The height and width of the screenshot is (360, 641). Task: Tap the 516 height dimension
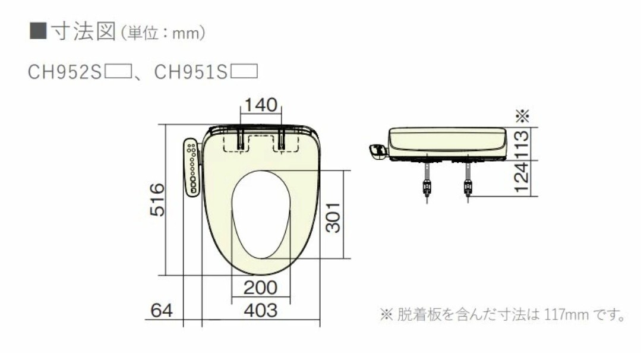[156, 200]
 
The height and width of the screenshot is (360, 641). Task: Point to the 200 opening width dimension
[261, 288]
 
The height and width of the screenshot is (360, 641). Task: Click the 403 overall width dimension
[261, 310]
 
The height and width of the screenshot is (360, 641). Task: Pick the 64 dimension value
[162, 310]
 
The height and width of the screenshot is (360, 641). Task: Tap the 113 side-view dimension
[521, 144]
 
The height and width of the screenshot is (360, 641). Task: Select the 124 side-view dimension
[521, 178]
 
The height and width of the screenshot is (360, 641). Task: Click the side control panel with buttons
[192, 168]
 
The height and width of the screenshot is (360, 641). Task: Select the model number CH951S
[191, 72]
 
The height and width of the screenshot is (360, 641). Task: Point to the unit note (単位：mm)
[163, 33]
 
